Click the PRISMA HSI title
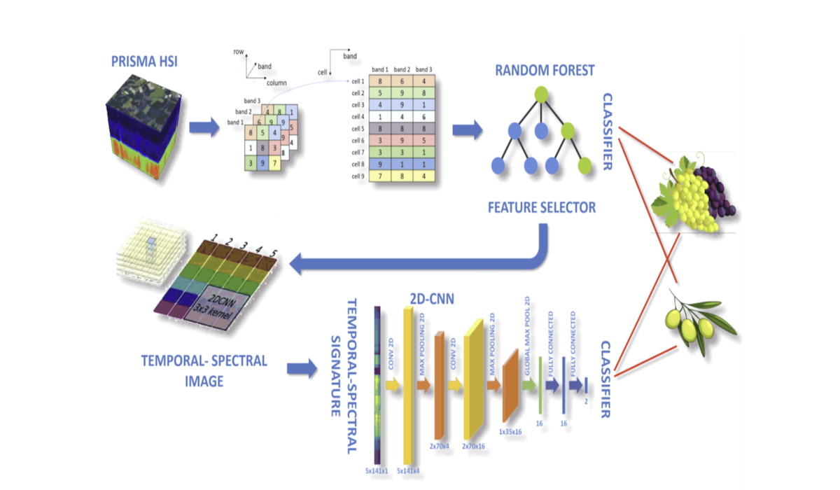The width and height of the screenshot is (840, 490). pos(144,61)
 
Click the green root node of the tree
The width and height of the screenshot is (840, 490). pos(540,94)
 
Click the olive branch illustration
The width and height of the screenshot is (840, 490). pos(693,322)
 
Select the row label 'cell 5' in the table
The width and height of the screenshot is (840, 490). pos(358,128)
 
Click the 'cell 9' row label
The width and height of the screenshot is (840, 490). pos(358,176)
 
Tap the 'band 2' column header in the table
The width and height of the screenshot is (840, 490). pos(402,69)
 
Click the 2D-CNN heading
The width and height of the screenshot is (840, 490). pos(432,300)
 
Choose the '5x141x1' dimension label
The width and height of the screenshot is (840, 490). pos(377,470)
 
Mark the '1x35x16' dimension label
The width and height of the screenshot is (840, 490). pos(510,432)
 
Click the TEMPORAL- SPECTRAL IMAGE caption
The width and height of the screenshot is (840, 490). pos(204,371)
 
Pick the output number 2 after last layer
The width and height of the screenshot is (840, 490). pos(585,401)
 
